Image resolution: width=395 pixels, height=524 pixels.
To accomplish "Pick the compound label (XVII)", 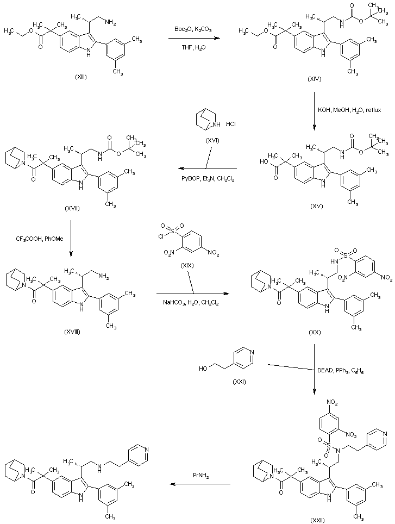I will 79,208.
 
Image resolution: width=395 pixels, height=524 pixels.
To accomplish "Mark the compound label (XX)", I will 315,333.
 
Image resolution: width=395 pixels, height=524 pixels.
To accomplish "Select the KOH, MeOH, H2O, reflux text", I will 349,110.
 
